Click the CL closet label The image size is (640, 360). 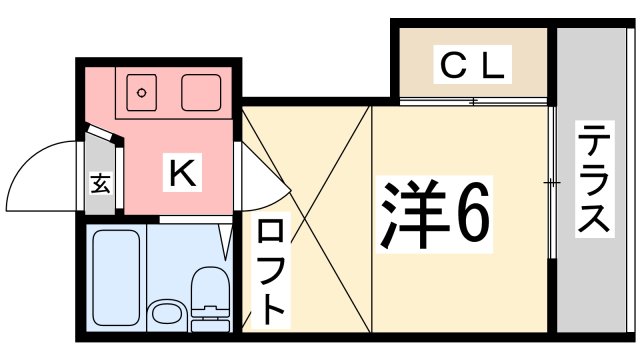point(472,66)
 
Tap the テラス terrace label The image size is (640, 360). point(594,181)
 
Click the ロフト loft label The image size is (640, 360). point(270,271)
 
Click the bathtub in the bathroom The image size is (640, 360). point(115,276)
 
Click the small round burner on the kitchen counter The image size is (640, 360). point(142,93)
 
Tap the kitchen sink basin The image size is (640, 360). point(202,93)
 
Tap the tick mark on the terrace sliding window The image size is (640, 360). point(551,182)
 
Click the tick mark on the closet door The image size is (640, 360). point(474,101)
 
